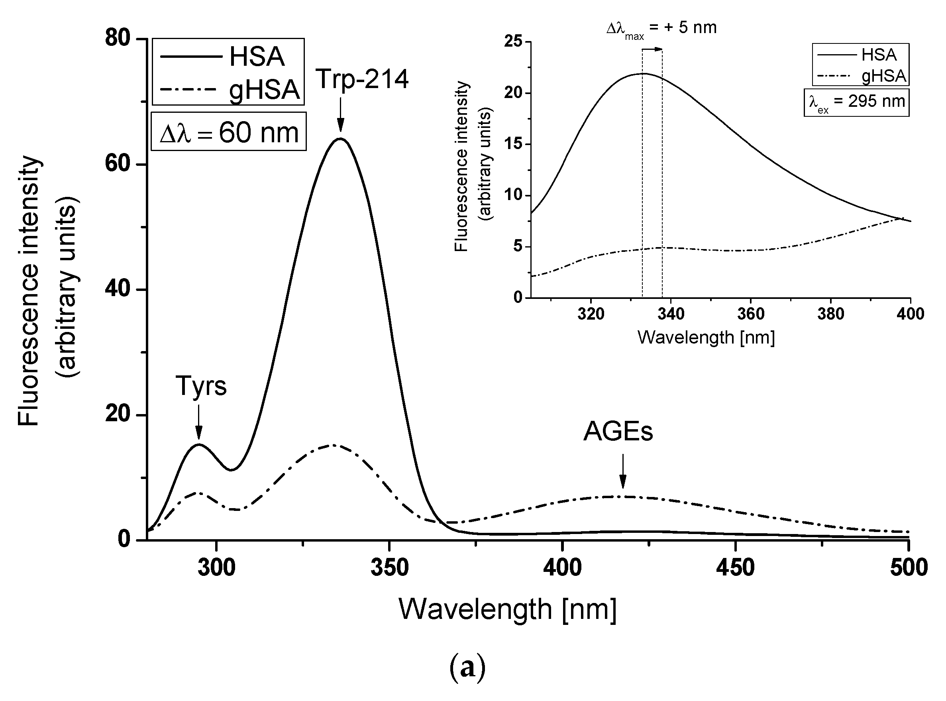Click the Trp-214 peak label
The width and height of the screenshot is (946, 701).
362,79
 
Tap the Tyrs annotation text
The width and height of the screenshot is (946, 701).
201,386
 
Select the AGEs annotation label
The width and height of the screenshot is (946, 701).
618,431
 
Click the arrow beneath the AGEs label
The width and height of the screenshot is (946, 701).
622,471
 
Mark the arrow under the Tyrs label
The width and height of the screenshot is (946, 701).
198,422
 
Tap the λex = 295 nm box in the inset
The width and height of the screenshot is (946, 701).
856,102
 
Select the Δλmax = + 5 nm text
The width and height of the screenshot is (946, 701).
661,28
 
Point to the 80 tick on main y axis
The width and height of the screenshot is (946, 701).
118,38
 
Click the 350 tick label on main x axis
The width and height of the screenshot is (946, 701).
389,567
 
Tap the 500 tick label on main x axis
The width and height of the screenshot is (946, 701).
908,567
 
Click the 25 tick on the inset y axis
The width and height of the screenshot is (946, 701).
513,41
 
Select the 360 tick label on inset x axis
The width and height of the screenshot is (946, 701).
750,314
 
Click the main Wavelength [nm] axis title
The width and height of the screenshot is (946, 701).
507,609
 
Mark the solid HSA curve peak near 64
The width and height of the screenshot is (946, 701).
340,139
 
